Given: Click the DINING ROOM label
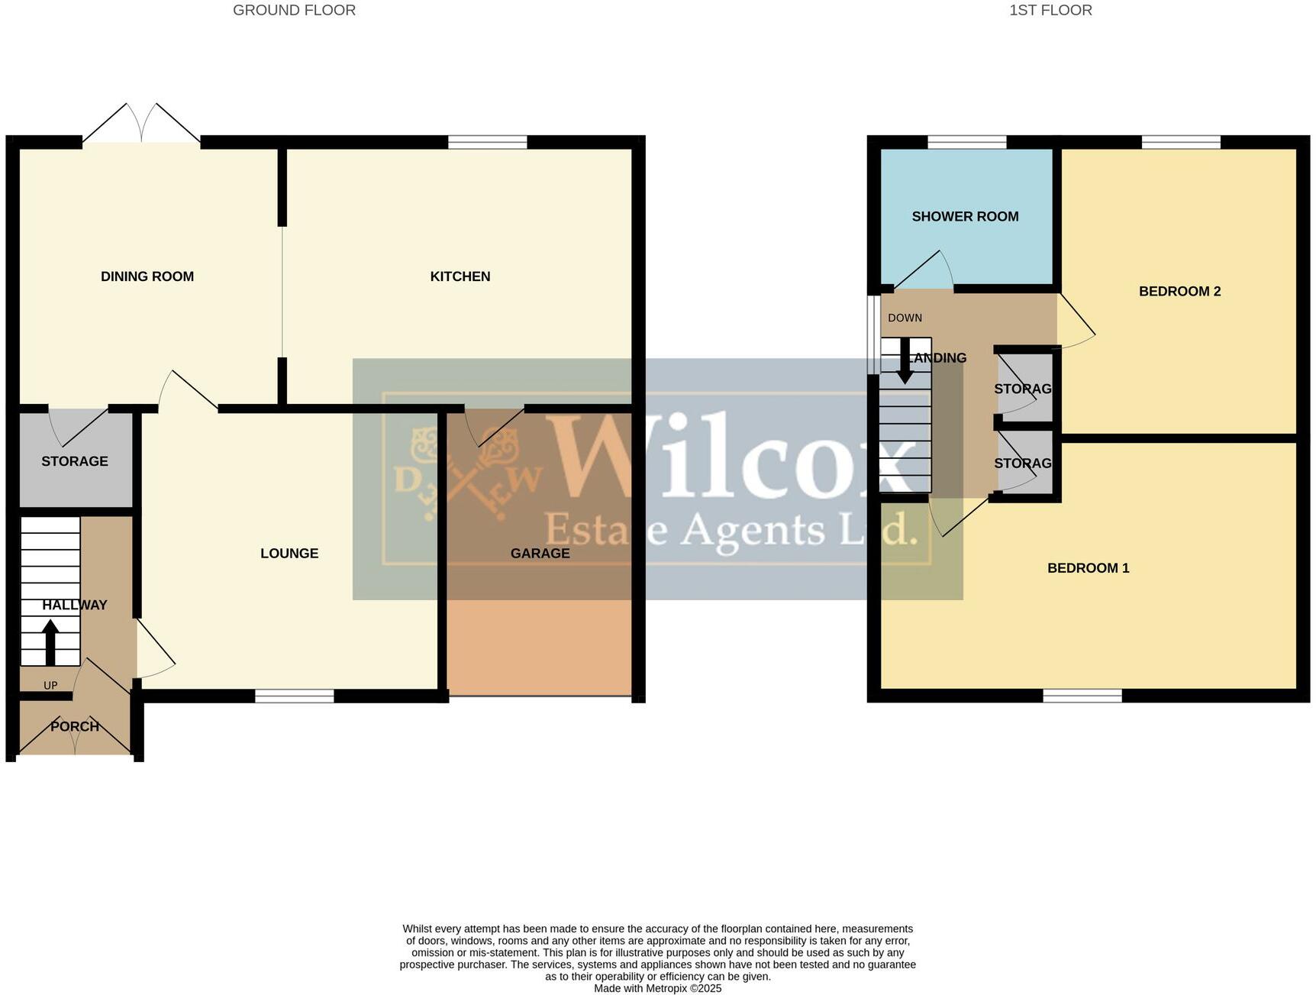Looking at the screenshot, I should pyautogui.click(x=147, y=276).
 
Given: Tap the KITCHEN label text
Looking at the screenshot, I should pyautogui.click(x=460, y=276).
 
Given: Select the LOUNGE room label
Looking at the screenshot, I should pyautogui.click(x=289, y=554).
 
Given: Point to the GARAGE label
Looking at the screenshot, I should pyautogui.click(x=540, y=554).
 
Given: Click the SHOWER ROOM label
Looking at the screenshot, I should pyautogui.click(x=965, y=217).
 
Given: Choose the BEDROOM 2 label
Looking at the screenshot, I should pyautogui.click(x=1179, y=292).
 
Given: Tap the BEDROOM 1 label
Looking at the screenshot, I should pyautogui.click(x=1088, y=568).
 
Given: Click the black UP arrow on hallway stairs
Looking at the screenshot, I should pyautogui.click(x=50, y=641).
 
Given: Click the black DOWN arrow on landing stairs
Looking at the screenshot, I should pyautogui.click(x=905, y=368).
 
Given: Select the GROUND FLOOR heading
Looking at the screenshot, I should pyautogui.click(x=294, y=11).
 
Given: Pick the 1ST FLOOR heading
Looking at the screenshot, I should pyautogui.click(x=1050, y=11).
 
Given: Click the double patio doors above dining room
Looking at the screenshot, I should pyautogui.click(x=142, y=124).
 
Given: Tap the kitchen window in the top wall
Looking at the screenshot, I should pyautogui.click(x=487, y=142).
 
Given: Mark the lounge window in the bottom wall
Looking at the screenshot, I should pyautogui.click(x=294, y=696).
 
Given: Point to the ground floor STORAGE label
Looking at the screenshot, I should pyautogui.click(x=75, y=461).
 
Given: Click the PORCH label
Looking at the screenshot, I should pyautogui.click(x=75, y=726).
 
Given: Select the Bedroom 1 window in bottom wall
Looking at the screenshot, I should pyautogui.click(x=1082, y=696).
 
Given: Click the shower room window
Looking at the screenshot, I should pyautogui.click(x=966, y=142).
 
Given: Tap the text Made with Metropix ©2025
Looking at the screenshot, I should pyautogui.click(x=657, y=988).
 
